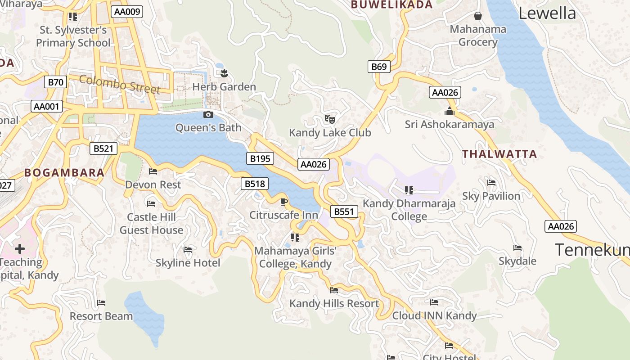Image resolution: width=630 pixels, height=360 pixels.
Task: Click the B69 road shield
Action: (379, 67)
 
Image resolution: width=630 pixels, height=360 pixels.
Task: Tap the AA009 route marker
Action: (127, 12)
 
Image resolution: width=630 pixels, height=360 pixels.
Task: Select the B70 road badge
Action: (56, 82)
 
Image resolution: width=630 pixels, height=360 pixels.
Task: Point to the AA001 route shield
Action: (47, 107)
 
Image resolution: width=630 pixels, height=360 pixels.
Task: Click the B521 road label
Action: (103, 148)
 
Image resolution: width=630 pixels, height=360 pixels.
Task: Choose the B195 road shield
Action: (260, 158)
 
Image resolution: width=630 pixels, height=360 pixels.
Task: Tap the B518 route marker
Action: (254, 184)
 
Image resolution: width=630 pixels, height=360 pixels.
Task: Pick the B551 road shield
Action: (344, 211)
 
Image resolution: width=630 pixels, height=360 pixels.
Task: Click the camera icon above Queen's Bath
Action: (208, 115)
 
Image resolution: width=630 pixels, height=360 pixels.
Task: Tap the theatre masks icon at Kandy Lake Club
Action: (330, 119)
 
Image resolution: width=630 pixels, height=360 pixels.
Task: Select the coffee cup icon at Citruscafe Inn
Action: (283, 202)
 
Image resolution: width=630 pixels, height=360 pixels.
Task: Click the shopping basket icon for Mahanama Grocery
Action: (478, 16)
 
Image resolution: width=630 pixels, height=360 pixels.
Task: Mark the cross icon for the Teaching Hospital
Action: (20, 248)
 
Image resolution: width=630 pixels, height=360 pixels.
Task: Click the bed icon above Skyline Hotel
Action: (188, 249)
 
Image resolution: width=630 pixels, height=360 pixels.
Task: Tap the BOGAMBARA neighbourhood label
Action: (64, 172)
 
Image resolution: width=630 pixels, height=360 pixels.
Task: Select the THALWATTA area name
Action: (499, 154)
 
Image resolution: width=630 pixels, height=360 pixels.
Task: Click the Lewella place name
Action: (547, 13)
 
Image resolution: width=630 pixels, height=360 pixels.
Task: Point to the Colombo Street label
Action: (120, 85)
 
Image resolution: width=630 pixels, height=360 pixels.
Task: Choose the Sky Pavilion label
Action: (491, 196)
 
